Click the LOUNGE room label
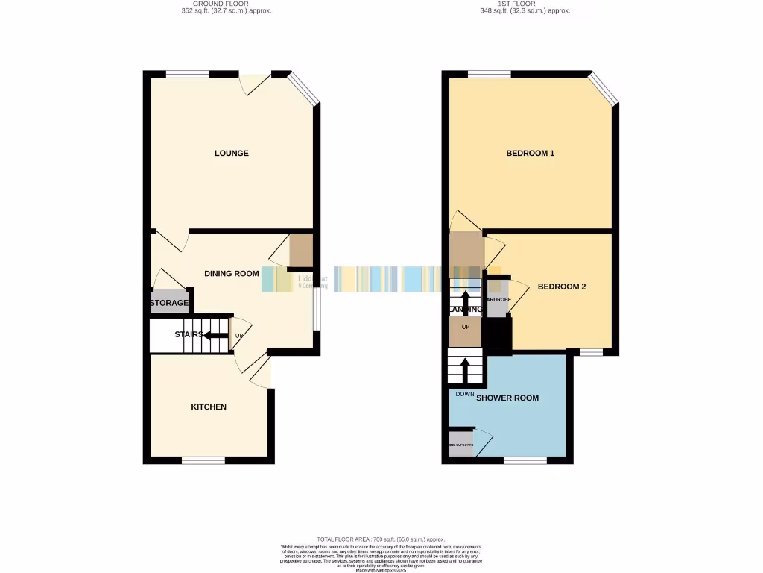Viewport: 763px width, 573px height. pyautogui.click(x=231, y=154)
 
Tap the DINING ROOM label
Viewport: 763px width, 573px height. pyautogui.click(x=232, y=274)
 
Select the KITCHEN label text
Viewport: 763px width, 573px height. pyautogui.click(x=209, y=407)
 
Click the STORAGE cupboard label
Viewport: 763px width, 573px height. pyautogui.click(x=169, y=304)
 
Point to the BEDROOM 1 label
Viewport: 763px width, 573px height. pyautogui.click(x=530, y=154)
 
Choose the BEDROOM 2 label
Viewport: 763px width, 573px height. pyautogui.click(x=562, y=286)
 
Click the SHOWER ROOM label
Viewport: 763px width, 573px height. pyautogui.click(x=507, y=398)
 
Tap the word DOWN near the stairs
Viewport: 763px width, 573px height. pyautogui.click(x=465, y=394)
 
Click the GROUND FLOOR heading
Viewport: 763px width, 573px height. pyautogui.click(x=227, y=4)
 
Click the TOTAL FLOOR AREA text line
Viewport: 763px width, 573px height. pyautogui.click(x=381, y=539)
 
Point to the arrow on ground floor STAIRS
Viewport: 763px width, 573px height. pyautogui.click(x=216, y=335)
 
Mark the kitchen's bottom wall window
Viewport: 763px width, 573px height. pyautogui.click(x=203, y=460)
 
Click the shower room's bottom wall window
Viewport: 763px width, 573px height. pyautogui.click(x=525, y=460)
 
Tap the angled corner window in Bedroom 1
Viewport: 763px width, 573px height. pyautogui.click(x=604, y=88)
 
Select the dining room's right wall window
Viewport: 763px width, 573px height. pyautogui.click(x=316, y=308)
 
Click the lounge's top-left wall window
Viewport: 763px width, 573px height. pyautogui.click(x=187, y=74)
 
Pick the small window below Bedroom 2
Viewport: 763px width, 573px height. pyautogui.click(x=592, y=351)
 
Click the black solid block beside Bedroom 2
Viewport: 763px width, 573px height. pyautogui.click(x=497, y=334)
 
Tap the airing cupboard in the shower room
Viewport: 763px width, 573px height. pyautogui.click(x=460, y=445)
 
